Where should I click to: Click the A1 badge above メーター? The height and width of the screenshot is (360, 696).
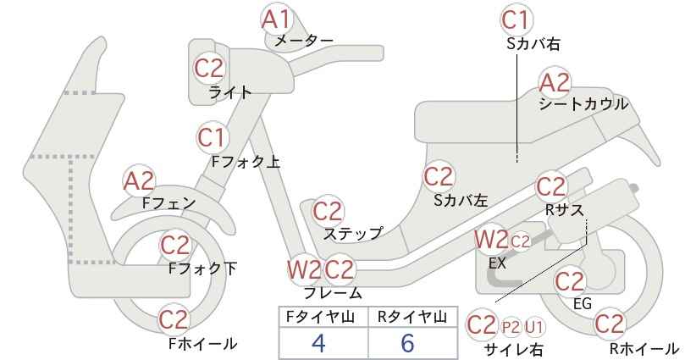276,19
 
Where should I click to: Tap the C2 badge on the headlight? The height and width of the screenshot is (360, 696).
209,69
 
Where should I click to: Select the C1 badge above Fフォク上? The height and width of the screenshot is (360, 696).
213,137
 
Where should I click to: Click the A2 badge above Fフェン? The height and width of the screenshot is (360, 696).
139,181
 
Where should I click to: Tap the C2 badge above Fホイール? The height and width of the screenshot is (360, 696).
174,319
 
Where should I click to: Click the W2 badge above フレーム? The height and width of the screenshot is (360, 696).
304,269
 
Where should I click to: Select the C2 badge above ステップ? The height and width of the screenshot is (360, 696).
328,211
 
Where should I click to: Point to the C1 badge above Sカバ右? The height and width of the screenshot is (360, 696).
516,20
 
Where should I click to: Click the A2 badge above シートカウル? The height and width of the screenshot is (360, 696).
555,83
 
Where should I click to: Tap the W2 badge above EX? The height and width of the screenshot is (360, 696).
491,241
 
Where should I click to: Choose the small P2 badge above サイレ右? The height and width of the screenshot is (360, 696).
511,328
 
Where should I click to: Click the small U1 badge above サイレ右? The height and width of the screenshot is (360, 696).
534,328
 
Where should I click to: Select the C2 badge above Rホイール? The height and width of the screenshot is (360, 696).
610,324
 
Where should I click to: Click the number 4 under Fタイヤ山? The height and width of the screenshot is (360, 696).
318,343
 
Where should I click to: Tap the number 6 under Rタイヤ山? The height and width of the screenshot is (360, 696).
407,343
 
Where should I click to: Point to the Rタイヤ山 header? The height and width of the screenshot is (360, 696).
412,317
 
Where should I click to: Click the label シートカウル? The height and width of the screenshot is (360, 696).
583,104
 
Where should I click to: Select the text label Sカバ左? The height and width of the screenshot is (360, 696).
461,201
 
